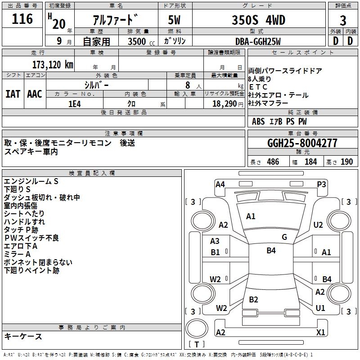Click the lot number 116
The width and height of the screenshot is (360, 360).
[22, 19]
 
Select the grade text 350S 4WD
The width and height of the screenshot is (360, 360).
[258, 20]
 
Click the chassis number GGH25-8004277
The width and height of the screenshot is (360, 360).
[302, 144]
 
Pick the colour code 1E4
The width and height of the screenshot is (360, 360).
[74, 103]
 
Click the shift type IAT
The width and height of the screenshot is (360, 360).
[13, 94]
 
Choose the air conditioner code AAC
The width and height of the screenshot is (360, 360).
[35, 94]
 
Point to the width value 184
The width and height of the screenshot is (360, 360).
[310, 162]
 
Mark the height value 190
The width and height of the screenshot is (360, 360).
[346, 162]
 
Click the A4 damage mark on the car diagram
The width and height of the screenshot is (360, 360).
[220, 184]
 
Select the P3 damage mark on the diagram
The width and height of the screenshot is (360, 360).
[321, 184]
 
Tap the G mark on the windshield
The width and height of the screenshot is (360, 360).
[284, 237]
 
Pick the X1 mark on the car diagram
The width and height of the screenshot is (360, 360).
[321, 333]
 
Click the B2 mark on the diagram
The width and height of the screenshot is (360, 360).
[253, 300]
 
